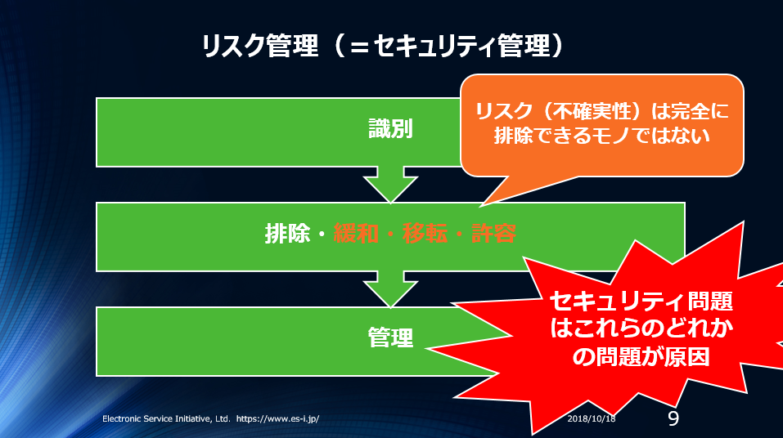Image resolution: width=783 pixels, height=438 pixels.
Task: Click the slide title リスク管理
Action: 259,46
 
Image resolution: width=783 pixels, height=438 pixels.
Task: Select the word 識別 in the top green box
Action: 390,128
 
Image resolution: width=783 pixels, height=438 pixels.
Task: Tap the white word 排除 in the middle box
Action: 288,234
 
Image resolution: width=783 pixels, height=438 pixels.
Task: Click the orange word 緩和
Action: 356,234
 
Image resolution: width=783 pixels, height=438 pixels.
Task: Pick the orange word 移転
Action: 425,234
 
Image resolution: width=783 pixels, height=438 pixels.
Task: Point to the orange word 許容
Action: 493,234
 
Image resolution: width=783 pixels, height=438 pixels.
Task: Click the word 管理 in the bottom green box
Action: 390,337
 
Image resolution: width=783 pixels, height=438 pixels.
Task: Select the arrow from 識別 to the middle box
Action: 390,185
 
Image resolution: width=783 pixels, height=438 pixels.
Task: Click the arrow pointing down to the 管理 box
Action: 390,289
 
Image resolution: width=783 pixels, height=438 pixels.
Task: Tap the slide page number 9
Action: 673,418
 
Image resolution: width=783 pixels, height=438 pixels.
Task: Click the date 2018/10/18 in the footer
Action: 592,418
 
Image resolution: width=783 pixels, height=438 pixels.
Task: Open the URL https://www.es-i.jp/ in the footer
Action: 277,418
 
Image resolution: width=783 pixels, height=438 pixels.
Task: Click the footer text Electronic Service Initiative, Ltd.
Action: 166,418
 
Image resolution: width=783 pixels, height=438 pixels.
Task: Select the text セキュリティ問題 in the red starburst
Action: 641,301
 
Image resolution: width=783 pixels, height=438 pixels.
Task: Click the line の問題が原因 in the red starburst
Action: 641,356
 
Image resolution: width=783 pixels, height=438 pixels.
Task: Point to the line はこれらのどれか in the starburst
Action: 641,328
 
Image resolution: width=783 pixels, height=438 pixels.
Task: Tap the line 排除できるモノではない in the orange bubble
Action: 602,136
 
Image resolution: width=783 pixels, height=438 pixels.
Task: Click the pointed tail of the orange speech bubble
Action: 481,206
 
